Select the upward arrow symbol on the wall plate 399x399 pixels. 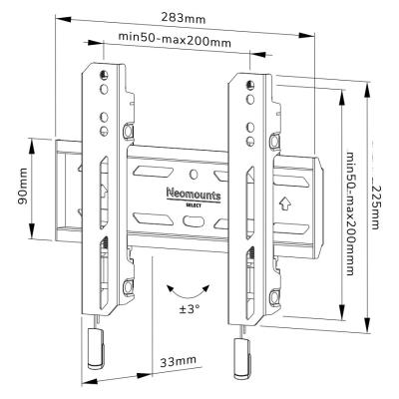(x=286, y=206)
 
